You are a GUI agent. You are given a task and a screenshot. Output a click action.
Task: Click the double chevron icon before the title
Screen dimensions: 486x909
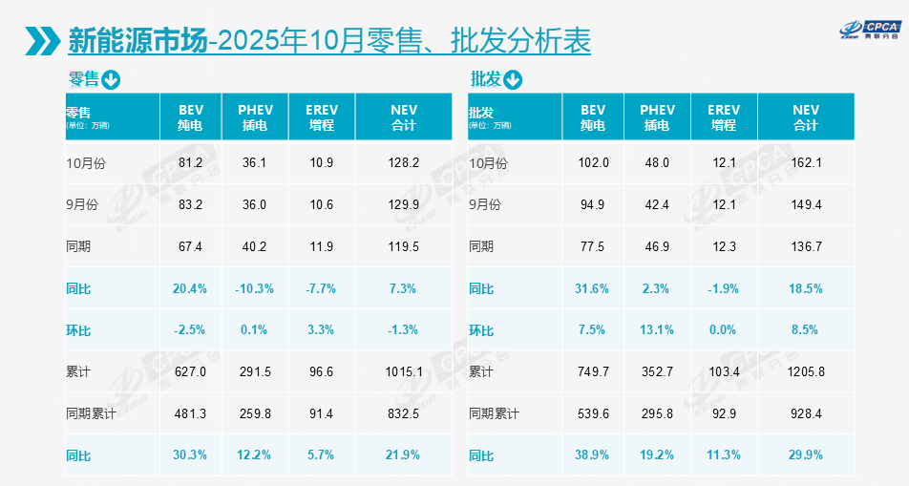44,41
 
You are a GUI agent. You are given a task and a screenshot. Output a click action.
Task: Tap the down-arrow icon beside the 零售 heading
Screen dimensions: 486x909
111,80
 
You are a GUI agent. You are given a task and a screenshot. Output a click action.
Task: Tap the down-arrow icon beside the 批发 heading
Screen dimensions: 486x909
514,80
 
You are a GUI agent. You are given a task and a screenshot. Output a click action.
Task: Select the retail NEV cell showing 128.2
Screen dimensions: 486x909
404,163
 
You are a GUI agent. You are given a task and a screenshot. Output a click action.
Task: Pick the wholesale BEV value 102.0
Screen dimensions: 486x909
594,163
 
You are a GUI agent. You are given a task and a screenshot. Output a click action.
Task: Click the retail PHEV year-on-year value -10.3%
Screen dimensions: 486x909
254,288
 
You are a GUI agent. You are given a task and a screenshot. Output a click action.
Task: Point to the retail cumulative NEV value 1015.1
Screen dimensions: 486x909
404,372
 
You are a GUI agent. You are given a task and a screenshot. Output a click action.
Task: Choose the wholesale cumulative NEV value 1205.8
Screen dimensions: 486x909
806,372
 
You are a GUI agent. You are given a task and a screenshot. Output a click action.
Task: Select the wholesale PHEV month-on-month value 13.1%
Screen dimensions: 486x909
657,330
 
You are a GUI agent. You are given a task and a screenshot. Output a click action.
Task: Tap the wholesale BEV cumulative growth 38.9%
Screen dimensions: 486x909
594,455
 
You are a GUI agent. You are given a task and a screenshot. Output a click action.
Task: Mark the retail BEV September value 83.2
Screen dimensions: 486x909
191,205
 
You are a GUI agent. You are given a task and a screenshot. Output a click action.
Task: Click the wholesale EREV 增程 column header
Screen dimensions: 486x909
723,117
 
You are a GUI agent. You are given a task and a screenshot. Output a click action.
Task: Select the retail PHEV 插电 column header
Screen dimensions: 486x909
255,117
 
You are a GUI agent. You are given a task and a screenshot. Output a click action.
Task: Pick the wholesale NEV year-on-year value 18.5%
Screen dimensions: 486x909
806,288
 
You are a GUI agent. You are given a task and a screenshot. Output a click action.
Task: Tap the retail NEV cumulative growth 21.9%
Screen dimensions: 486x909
404,455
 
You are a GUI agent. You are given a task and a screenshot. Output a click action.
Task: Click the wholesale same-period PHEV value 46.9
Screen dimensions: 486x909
657,247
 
